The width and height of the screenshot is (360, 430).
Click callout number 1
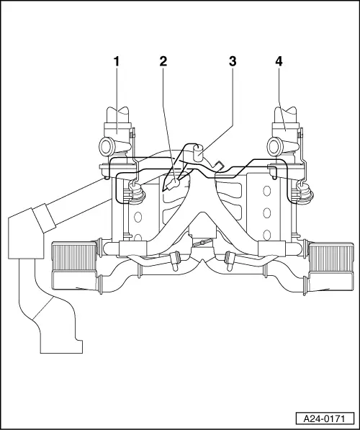[x=117, y=61]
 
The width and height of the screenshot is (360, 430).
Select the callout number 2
[x=163, y=61]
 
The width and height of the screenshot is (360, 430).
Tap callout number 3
[x=233, y=61]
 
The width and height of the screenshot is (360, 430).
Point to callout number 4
[x=279, y=61]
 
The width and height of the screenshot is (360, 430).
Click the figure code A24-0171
[x=324, y=419]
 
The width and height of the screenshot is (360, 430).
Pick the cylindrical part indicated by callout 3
[x=198, y=153]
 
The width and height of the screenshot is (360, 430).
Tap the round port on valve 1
[x=106, y=146]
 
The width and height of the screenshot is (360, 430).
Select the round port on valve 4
[x=274, y=146]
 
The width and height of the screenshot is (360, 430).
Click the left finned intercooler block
[x=74, y=256]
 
